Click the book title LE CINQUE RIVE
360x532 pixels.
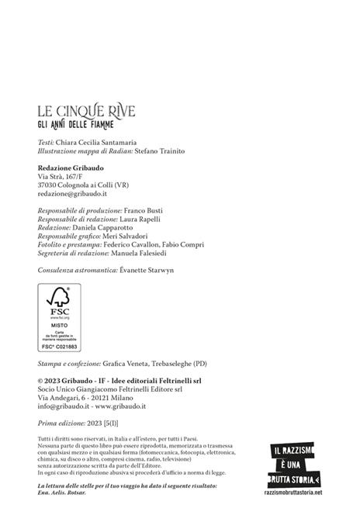(x=86, y=112)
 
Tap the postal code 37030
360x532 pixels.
(x=48, y=186)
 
